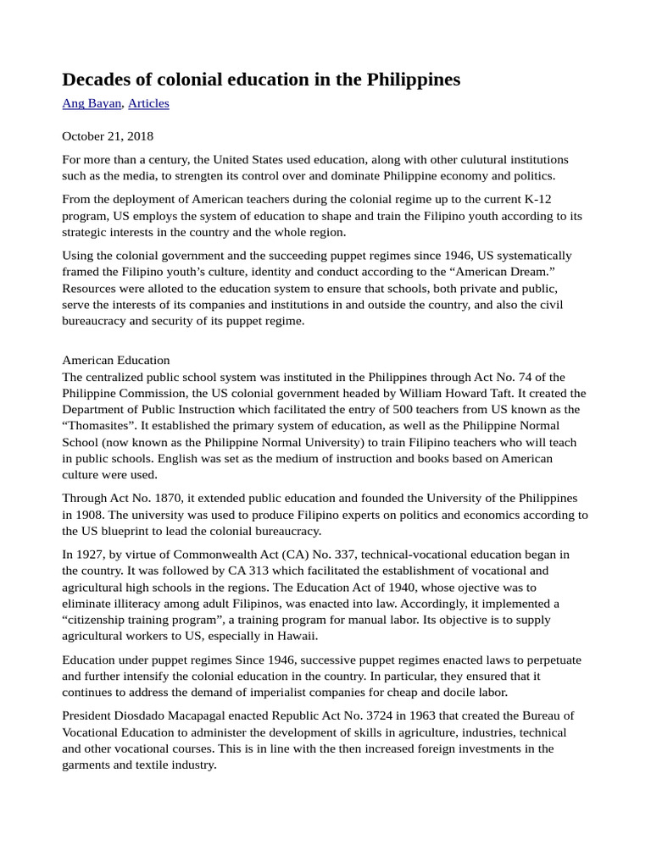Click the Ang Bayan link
(x=92, y=103)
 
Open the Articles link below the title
(x=148, y=103)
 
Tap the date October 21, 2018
(x=108, y=135)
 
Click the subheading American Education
(x=116, y=360)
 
